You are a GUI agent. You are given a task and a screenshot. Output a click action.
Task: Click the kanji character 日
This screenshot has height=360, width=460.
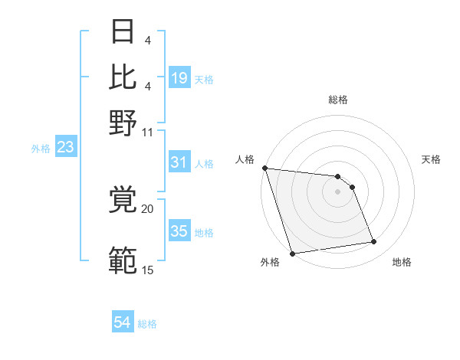tap(123, 33)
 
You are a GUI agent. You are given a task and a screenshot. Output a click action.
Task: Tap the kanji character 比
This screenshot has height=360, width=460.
tap(123, 77)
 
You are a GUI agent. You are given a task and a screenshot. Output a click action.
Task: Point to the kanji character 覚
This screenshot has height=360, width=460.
tap(123, 201)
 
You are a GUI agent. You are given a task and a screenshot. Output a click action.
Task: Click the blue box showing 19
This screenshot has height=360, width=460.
tap(179, 78)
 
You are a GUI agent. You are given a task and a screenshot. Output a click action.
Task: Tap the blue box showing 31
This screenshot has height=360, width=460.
tap(179, 162)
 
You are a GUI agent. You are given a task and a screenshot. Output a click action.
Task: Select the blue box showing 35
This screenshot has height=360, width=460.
tap(179, 231)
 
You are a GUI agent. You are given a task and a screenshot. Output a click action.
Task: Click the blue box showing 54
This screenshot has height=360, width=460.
tap(123, 323)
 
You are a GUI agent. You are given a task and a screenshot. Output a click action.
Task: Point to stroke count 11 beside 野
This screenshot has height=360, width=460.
tap(148, 131)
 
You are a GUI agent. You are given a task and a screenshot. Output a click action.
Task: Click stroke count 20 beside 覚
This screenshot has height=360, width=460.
tap(148, 208)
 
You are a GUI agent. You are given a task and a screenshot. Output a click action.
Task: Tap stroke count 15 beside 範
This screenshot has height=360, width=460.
tap(148, 270)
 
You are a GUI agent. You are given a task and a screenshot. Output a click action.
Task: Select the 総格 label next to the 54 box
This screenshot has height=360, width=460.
tap(148, 324)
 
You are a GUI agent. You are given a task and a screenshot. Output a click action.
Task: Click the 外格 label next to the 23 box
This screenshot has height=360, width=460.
tap(41, 149)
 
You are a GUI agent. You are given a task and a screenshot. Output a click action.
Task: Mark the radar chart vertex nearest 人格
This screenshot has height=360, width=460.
tap(264, 168)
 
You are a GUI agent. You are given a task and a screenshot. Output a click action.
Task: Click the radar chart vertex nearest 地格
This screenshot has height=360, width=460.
tap(374, 242)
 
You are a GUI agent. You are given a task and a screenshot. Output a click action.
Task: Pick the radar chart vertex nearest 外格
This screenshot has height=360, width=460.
tap(292, 254)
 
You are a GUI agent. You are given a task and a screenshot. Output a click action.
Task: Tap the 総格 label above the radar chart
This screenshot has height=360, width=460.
tap(337, 100)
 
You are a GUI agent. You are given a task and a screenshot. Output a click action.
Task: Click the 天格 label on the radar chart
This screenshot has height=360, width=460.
tap(432, 159)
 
